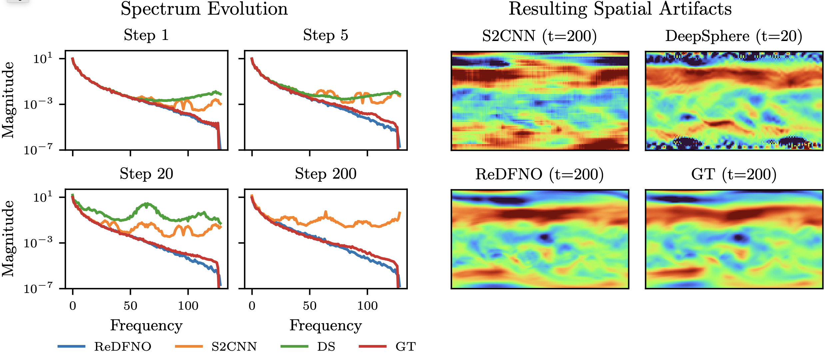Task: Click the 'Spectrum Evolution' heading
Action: point(204,9)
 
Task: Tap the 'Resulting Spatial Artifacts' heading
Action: point(620,9)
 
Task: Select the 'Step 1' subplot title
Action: point(146,35)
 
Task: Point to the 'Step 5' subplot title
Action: point(326,35)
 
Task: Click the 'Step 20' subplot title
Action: point(146,174)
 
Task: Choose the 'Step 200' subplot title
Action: point(326,174)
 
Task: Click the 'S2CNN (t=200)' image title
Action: point(539,36)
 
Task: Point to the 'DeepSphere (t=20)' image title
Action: point(734,36)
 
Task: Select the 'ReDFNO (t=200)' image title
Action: point(539,174)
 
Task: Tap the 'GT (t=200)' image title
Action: point(734,174)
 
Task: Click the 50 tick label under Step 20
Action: point(130,306)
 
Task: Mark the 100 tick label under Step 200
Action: point(367,306)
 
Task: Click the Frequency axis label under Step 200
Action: point(326,325)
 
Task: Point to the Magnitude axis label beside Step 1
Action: point(8,100)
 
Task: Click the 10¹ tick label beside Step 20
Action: point(43,197)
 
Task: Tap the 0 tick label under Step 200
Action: point(252,306)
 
